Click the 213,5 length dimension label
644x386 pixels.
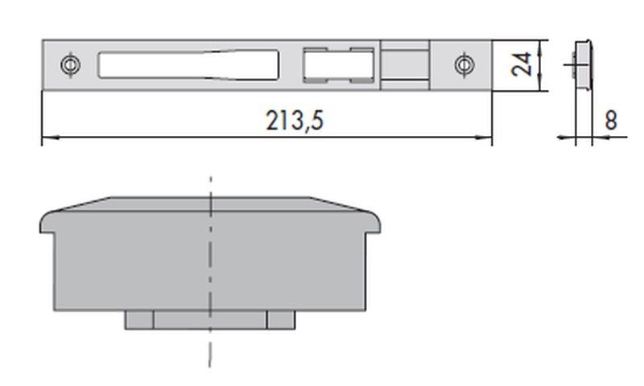pos(295,121)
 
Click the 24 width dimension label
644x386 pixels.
pos(522,64)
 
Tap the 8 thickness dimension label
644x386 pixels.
pos(611,120)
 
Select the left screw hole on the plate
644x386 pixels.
pos(71,65)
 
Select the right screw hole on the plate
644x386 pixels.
pos(464,65)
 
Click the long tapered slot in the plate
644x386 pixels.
pos(188,65)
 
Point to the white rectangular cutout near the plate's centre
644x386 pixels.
pos(338,65)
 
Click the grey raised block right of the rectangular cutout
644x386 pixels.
pos(405,65)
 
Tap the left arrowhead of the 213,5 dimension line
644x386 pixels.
pos(51,138)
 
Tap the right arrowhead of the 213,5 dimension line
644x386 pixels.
pos(484,138)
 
